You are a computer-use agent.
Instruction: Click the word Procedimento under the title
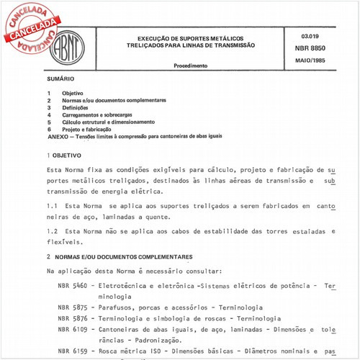(191, 66)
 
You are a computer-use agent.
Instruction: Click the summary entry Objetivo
(72, 94)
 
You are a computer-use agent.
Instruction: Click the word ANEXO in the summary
(58, 135)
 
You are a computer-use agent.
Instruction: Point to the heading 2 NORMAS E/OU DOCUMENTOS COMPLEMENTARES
(120, 257)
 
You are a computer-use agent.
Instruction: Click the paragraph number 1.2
(53, 231)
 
